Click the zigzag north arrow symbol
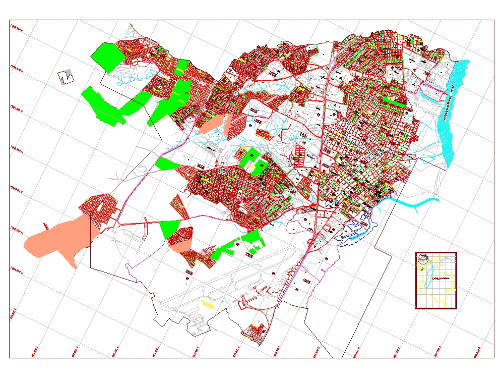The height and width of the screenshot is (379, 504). (66, 77)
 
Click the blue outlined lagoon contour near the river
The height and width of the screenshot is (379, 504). (359, 230)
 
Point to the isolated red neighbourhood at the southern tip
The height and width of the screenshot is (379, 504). (255, 332)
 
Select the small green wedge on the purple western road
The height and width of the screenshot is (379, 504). (165, 164)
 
